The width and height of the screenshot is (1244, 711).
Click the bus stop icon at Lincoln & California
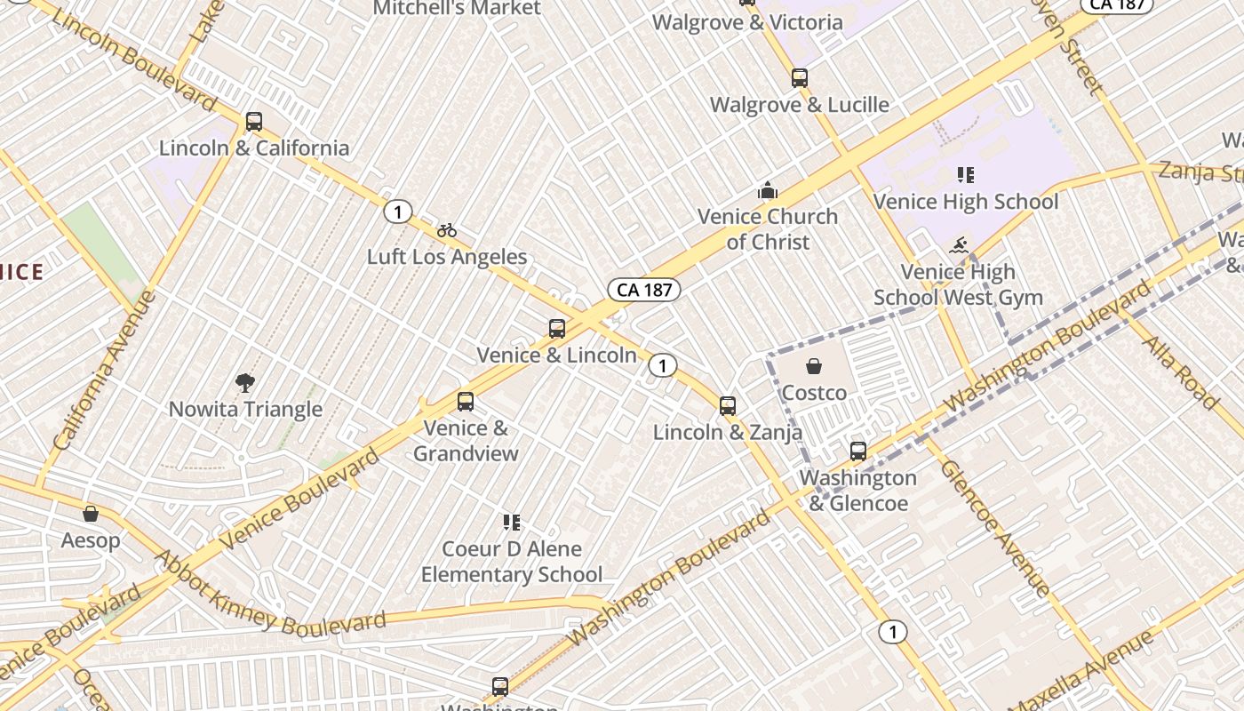pyautogui.click(x=254, y=122)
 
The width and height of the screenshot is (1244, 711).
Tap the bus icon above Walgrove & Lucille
pyautogui.click(x=800, y=78)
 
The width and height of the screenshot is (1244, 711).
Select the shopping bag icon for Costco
pyautogui.click(x=813, y=366)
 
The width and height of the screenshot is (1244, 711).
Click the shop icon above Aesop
pyautogui.click(x=91, y=514)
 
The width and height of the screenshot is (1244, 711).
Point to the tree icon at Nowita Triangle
pyautogui.click(x=245, y=383)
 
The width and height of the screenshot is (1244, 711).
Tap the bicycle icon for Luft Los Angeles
pyautogui.click(x=447, y=231)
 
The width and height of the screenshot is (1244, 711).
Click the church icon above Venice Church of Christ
pyautogui.click(x=768, y=190)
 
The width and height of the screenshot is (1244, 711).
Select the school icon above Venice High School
pyautogui.click(x=965, y=175)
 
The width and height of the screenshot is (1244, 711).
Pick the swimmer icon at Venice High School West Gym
pyautogui.click(x=958, y=246)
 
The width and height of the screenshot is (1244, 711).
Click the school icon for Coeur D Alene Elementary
pyautogui.click(x=511, y=522)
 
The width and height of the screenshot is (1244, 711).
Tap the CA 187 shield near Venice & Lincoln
pyautogui.click(x=644, y=290)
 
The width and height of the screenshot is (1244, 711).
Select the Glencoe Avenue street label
pyautogui.click(x=994, y=527)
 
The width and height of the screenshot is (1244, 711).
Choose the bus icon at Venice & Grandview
pyautogui.click(x=466, y=402)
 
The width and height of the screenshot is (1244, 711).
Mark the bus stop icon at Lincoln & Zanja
pyautogui.click(x=728, y=406)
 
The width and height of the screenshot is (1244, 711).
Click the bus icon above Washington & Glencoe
pyautogui.click(x=857, y=451)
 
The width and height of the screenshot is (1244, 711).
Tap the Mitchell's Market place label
pyautogui.click(x=456, y=8)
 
